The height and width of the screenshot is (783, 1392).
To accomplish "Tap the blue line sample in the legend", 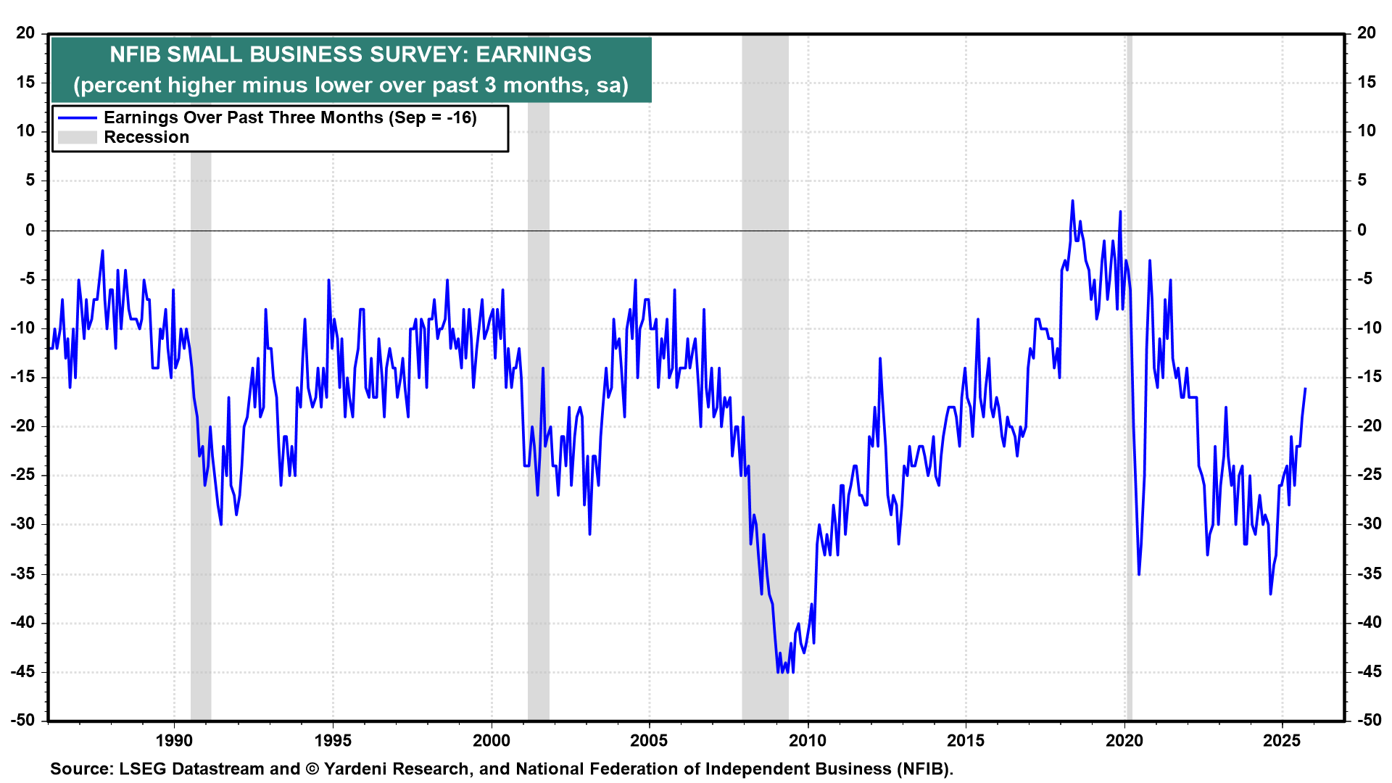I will click(x=77, y=118).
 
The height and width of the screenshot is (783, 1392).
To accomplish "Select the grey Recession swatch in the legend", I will click(x=77, y=138).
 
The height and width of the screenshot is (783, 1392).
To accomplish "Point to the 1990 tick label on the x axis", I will click(x=174, y=740).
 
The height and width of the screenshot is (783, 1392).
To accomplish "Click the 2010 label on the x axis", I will click(x=808, y=740).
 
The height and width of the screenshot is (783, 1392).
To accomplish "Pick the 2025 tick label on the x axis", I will click(x=1282, y=740).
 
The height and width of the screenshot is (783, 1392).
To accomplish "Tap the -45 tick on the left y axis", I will click(x=23, y=671).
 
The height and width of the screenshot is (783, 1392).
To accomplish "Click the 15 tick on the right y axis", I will click(x=1366, y=82).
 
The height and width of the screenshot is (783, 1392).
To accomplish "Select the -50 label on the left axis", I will click(x=23, y=720).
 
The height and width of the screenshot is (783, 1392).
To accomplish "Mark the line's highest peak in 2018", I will click(x=1072, y=201).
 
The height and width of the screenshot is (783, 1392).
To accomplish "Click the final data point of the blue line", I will click(x=1305, y=389).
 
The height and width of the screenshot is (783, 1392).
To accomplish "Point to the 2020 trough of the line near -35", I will click(x=1139, y=574).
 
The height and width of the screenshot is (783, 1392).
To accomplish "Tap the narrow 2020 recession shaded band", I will click(x=1129, y=435).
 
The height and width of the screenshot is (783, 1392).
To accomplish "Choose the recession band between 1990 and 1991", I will click(x=201, y=435).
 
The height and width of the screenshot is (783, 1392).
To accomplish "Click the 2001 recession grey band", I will click(x=538, y=435).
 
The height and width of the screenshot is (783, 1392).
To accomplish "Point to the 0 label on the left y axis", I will click(x=30, y=230).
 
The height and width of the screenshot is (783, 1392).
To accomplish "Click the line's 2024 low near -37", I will click(x=1270, y=594).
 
